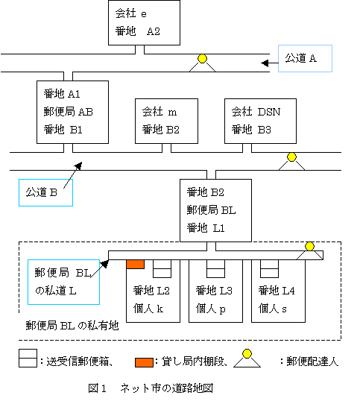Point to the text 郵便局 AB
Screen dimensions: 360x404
pos(69,112)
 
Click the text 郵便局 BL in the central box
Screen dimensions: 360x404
pos(212,210)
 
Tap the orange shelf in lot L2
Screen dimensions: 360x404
pos(136,265)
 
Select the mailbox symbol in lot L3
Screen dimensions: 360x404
pos(215,269)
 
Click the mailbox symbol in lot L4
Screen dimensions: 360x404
pos(269,269)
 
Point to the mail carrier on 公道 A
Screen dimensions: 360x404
pos(202,63)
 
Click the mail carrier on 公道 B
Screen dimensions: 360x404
pos(291,162)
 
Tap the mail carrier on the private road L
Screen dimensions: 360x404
pos(309,251)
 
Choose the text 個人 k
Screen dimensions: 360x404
pos(148,309)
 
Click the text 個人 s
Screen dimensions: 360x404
pos(273,309)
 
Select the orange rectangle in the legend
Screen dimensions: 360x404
pos(145,362)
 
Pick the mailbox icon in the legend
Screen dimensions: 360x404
pos(28,358)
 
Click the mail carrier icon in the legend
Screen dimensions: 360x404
pos(247,358)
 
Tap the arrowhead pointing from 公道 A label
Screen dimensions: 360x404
pos(265,63)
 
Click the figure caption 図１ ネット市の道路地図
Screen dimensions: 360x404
pos(151,388)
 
